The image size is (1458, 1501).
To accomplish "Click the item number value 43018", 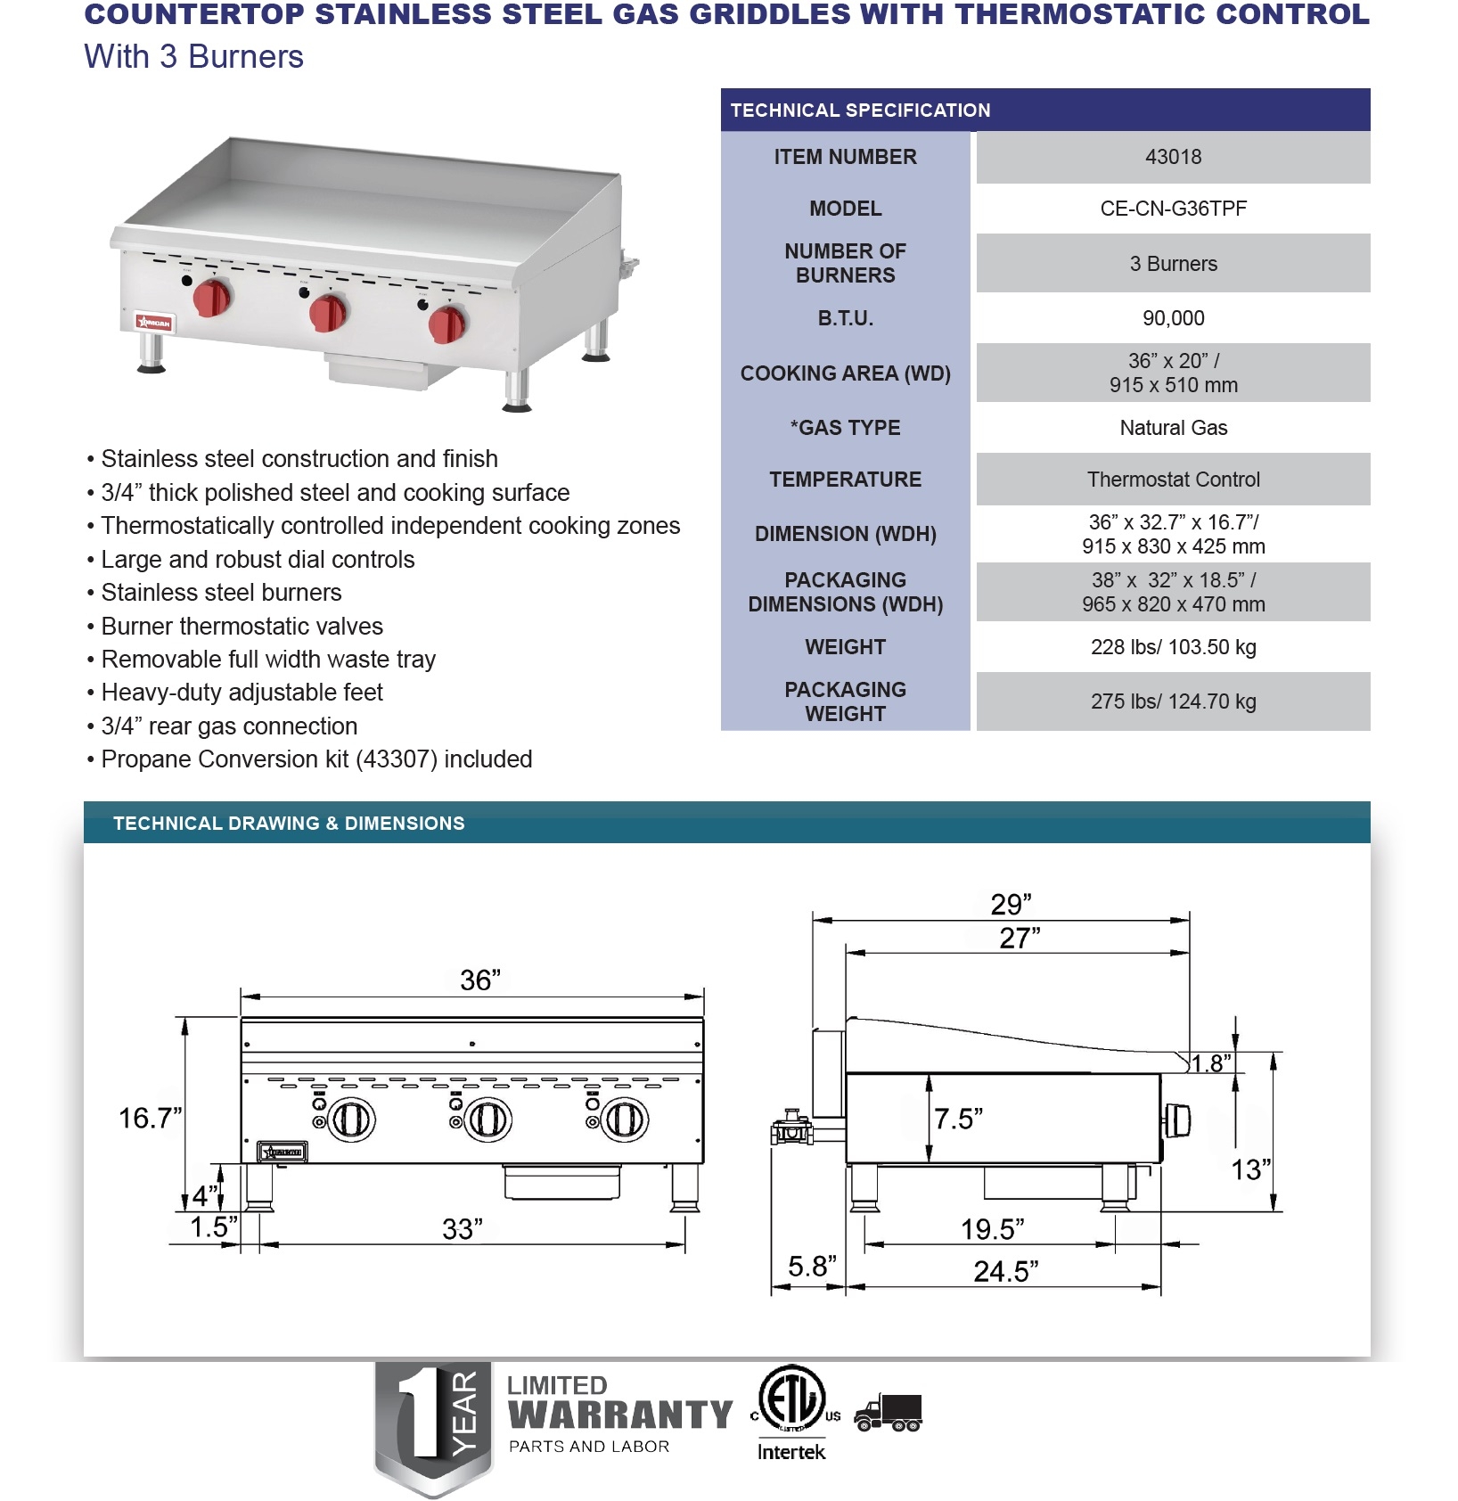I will [1173, 157].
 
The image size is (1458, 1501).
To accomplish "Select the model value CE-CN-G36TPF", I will [1173, 209].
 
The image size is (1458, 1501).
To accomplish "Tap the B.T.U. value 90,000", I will [1173, 318].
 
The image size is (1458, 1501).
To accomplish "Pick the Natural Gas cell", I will [1173, 428].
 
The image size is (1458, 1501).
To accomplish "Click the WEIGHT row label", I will [845, 647].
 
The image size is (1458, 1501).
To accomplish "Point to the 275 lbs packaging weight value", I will [1173, 701].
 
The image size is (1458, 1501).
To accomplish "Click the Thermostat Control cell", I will [1173, 480].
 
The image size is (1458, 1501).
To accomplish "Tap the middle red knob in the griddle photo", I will [328, 313].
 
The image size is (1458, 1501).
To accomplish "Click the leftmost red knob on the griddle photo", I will [214, 297].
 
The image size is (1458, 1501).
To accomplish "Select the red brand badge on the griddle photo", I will [154, 323].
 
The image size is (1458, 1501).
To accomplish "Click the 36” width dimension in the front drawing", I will [480, 980].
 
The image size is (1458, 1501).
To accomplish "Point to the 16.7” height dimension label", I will [150, 1118].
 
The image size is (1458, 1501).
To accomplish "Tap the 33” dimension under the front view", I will [463, 1229].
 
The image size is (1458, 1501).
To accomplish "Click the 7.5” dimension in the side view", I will [958, 1119].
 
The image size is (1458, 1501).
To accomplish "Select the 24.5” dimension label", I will [1005, 1271].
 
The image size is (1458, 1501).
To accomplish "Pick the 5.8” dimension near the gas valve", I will [812, 1267].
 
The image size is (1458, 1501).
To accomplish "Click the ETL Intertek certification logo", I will [791, 1412].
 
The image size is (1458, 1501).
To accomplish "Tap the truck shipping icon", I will [889, 1413].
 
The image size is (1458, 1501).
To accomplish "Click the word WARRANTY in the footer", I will [620, 1415].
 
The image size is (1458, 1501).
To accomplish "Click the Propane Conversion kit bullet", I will [316, 759].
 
